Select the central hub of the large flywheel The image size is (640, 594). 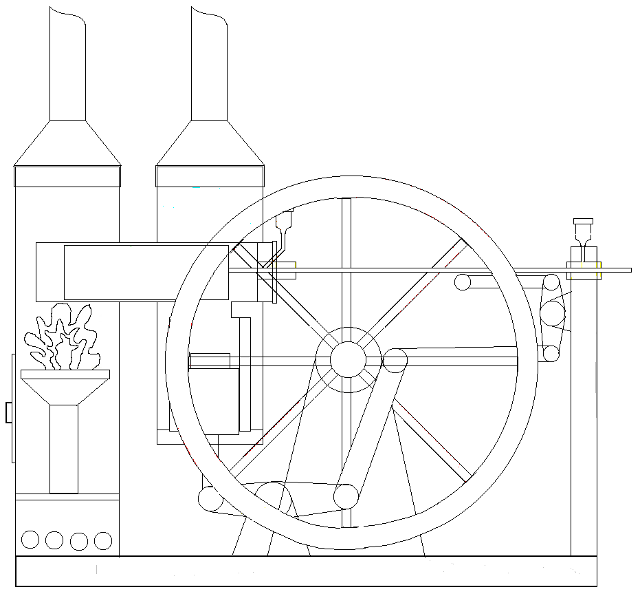[348, 359]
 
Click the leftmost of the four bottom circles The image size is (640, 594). [30, 540]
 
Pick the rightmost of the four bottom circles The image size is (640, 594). [103, 540]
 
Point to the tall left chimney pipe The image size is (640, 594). [67, 65]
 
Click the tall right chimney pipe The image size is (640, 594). [209, 65]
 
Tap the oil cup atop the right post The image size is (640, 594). [583, 230]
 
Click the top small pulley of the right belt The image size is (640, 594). [551, 282]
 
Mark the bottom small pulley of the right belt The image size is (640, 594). [551, 354]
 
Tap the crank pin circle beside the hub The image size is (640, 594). [395, 359]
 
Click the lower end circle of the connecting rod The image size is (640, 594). [346, 496]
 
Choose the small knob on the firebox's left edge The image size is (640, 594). [9, 412]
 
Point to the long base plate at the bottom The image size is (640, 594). [306, 571]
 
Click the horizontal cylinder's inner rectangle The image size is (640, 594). [146, 272]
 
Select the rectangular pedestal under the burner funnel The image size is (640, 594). [64, 449]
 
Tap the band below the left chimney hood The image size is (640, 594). [67, 176]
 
